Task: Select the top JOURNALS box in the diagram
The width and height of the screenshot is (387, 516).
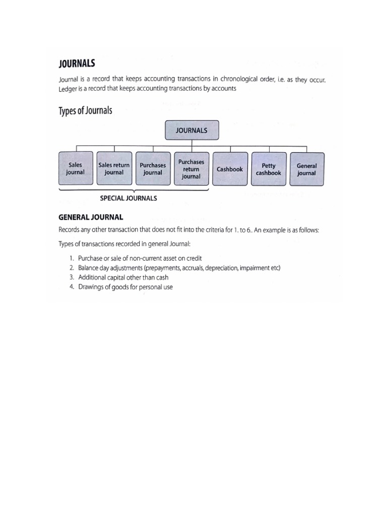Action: [191, 130]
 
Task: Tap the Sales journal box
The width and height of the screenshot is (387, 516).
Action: [76, 169]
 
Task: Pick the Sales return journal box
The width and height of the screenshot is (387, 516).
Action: [114, 169]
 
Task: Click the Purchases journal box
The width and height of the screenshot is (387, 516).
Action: [153, 169]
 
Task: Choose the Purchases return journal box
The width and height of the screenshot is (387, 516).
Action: [191, 169]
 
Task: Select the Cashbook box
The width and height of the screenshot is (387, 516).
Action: [230, 169]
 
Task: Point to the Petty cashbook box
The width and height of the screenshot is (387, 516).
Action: [269, 169]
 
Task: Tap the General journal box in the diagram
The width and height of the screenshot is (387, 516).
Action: [307, 169]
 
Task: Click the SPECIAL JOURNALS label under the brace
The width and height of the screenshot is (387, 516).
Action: [128, 198]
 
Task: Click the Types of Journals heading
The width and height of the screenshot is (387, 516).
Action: [86, 111]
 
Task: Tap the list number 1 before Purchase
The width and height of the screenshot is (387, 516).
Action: [72, 259]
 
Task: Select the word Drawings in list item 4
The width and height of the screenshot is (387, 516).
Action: [91, 287]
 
